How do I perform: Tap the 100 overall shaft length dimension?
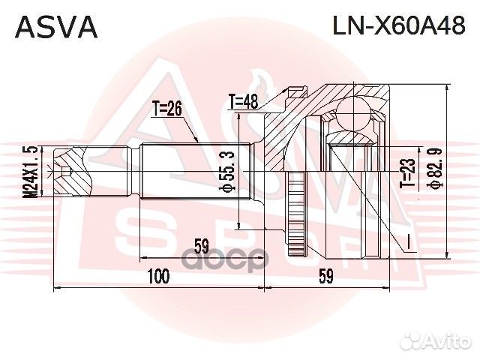(x=158, y=277)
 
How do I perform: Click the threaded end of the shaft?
(x=71, y=172)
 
